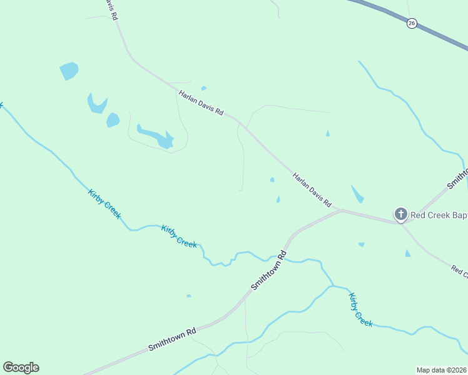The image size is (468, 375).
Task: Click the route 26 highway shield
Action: pos(411,23)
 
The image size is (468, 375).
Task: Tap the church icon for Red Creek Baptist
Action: pos(400,214)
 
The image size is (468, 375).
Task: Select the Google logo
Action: pos(21,367)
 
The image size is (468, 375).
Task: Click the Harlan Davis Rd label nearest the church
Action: pos(312,190)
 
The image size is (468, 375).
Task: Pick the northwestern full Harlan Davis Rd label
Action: pos(201,103)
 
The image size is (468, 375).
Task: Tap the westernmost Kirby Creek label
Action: pos(104,203)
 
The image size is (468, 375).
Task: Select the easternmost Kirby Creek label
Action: pos(360,309)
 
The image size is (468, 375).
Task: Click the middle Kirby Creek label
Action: pos(179,236)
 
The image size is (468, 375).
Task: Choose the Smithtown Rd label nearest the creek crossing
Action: pos(268,270)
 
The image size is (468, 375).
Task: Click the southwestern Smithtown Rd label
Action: pos(172,338)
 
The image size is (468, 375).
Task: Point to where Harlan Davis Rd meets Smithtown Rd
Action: pos(340,210)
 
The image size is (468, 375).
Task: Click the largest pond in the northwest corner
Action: pos(69,71)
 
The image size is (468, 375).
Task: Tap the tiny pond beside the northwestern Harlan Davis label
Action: pos(204,88)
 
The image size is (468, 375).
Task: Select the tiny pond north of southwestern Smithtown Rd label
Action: pos(188,296)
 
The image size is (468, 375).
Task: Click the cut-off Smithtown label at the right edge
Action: pos(457,177)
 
